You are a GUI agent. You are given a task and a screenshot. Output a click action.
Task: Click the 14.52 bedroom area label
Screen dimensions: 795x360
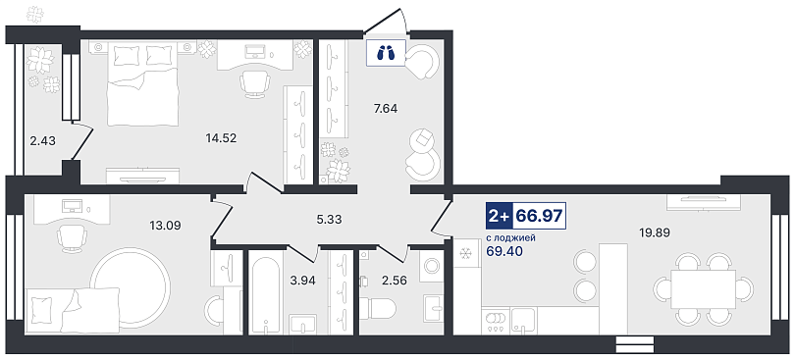coord(221,137)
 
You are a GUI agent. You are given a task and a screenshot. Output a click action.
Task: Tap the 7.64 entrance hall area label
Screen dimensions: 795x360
coord(385,108)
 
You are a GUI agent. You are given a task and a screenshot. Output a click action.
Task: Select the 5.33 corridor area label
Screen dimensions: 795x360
coord(330,220)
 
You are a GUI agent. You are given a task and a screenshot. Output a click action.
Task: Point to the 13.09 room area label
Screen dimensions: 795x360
coord(165,224)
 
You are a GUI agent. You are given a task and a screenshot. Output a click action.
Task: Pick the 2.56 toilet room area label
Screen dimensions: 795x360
coord(396,281)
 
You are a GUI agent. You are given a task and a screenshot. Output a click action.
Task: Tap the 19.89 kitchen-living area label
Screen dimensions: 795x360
coord(655,232)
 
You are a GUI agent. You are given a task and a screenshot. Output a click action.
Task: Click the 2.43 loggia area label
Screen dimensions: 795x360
coord(42,141)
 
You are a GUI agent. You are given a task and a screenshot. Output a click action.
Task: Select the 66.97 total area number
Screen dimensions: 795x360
coord(539,216)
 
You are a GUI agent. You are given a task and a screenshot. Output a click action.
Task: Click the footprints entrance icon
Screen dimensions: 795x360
coord(387,52)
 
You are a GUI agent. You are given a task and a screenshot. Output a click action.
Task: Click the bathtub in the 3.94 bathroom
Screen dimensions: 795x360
coord(265,293)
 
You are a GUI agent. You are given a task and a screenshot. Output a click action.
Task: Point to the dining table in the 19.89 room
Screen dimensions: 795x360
coord(703,289)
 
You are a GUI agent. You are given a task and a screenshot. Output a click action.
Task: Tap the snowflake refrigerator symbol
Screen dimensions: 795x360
coord(466,254)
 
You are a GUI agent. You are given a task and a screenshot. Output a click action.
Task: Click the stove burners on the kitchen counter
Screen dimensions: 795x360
coord(496,322)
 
